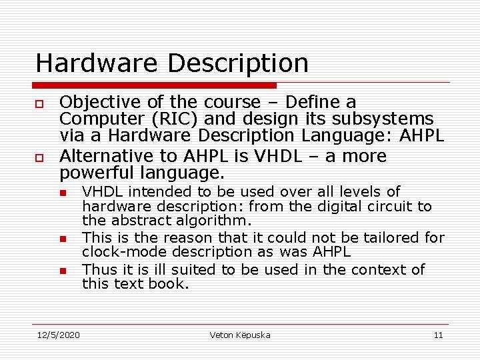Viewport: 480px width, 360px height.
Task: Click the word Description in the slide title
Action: tap(238, 64)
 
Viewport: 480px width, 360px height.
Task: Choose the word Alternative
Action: tap(101, 156)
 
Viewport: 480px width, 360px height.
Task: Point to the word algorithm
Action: tap(213, 221)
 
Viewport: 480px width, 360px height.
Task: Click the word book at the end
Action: tap(173, 284)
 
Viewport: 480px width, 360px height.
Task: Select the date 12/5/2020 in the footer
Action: tap(57, 335)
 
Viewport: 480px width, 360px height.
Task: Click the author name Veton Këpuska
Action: tap(240, 335)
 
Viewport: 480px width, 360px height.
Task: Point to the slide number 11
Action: tap(438, 335)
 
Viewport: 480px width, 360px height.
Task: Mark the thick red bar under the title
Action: tap(155, 85)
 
